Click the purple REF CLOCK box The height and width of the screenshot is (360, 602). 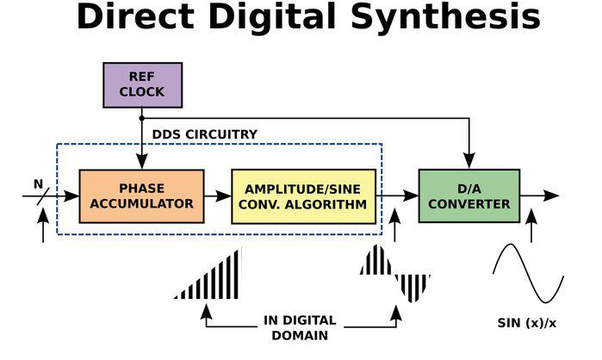[x=142, y=84]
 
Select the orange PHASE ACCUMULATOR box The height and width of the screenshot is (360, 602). [x=141, y=196]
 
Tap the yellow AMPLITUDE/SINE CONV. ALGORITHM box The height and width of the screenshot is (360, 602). [x=303, y=196]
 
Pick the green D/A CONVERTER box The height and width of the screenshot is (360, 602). [x=469, y=196]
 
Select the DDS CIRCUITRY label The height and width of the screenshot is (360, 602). [x=204, y=134]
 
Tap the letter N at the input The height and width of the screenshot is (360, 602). [x=37, y=183]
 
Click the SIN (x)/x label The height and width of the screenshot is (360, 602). [x=527, y=324]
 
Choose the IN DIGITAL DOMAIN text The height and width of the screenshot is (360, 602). [x=299, y=327]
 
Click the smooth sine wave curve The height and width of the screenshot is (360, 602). [x=527, y=273]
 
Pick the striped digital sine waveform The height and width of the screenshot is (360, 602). [x=394, y=273]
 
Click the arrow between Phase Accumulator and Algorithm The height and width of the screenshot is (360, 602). [x=218, y=196]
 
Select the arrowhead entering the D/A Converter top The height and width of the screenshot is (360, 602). [x=469, y=163]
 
